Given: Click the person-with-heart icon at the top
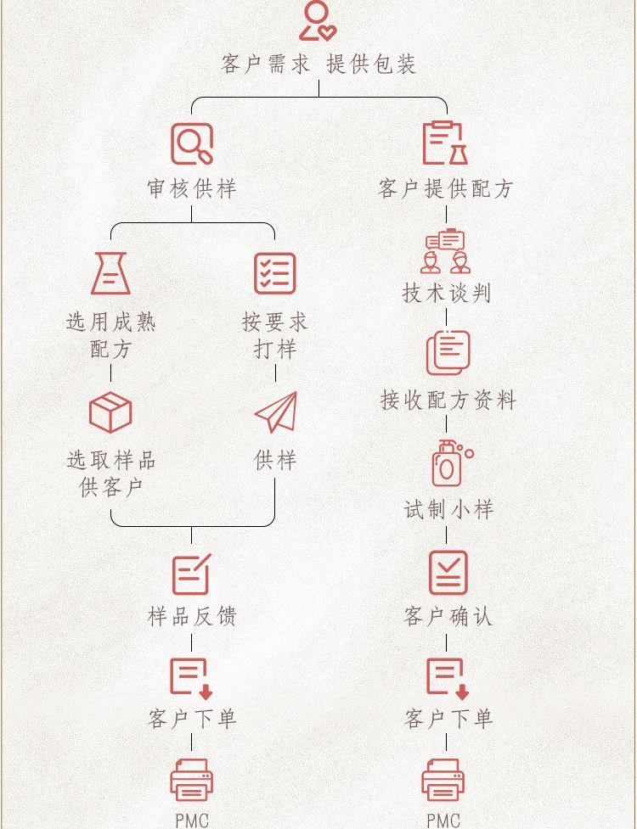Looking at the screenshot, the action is (x=317, y=21).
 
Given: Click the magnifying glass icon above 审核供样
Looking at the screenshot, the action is (x=192, y=144).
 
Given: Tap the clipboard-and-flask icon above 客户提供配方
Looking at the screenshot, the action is (x=446, y=143).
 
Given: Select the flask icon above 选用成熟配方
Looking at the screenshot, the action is (x=110, y=273).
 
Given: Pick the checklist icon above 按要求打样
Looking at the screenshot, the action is (x=275, y=273).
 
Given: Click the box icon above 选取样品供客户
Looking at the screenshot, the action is (x=110, y=412).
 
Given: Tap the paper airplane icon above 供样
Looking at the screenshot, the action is (x=276, y=412).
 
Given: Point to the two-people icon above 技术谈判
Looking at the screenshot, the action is (x=446, y=250).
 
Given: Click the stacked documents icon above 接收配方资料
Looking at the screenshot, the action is (x=448, y=352).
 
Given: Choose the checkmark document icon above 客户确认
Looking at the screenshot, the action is (x=448, y=573).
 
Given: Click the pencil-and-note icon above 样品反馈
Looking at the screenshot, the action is (x=191, y=574).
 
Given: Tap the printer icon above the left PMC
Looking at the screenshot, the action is (x=191, y=780).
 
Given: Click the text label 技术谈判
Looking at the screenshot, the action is (x=447, y=294).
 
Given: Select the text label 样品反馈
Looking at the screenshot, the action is (x=191, y=617).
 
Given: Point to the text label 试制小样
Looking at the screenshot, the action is (x=448, y=510).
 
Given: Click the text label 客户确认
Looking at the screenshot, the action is (x=448, y=617).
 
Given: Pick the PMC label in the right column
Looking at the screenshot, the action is (x=443, y=820).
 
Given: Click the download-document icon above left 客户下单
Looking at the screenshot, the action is (x=191, y=678).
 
